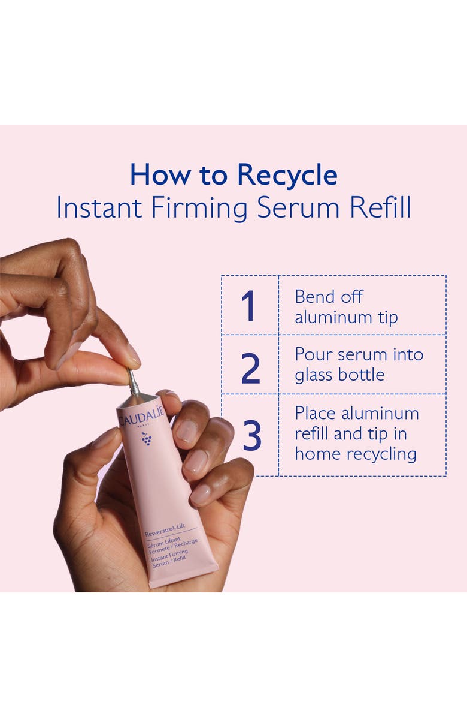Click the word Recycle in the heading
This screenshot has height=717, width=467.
[x=287, y=175]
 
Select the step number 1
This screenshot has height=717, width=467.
[x=248, y=306]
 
